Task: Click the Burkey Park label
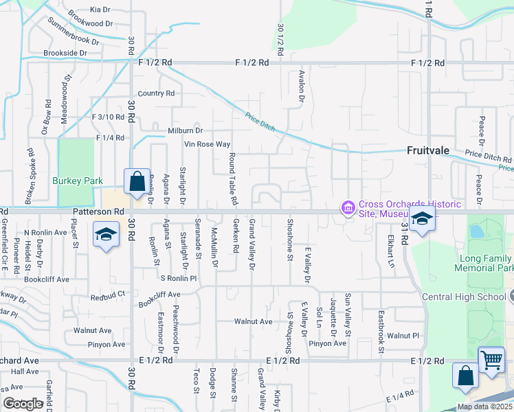click(x=77, y=181)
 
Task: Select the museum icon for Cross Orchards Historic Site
click(x=348, y=207)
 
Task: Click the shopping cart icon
click(x=491, y=359)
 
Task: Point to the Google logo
click(x=23, y=404)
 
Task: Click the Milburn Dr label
click(x=185, y=130)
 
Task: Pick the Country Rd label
click(x=156, y=93)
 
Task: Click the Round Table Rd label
click(x=233, y=179)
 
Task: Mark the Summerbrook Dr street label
click(x=73, y=32)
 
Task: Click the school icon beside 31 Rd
click(x=422, y=220)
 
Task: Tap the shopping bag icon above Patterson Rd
click(x=137, y=182)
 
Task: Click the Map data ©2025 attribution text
click(x=484, y=407)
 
